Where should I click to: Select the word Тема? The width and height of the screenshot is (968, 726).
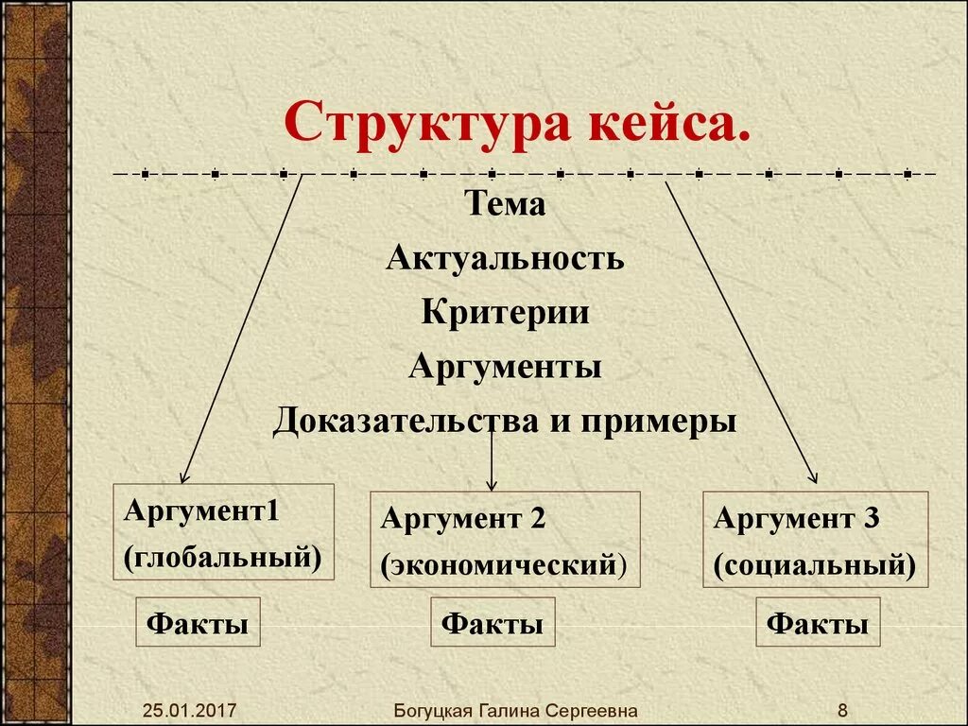tap(505, 203)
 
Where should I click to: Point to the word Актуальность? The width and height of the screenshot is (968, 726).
tap(505, 257)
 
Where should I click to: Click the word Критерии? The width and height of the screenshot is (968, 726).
tap(505, 312)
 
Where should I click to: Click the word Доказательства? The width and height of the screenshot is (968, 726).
tap(406, 421)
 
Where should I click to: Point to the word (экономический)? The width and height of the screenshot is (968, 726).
tap(504, 564)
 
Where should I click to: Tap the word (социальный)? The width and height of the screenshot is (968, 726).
tap(815, 564)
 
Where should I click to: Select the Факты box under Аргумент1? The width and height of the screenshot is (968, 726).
tap(199, 622)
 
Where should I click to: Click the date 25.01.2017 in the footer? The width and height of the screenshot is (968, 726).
tap(191, 710)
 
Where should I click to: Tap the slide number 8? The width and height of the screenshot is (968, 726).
tap(842, 710)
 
